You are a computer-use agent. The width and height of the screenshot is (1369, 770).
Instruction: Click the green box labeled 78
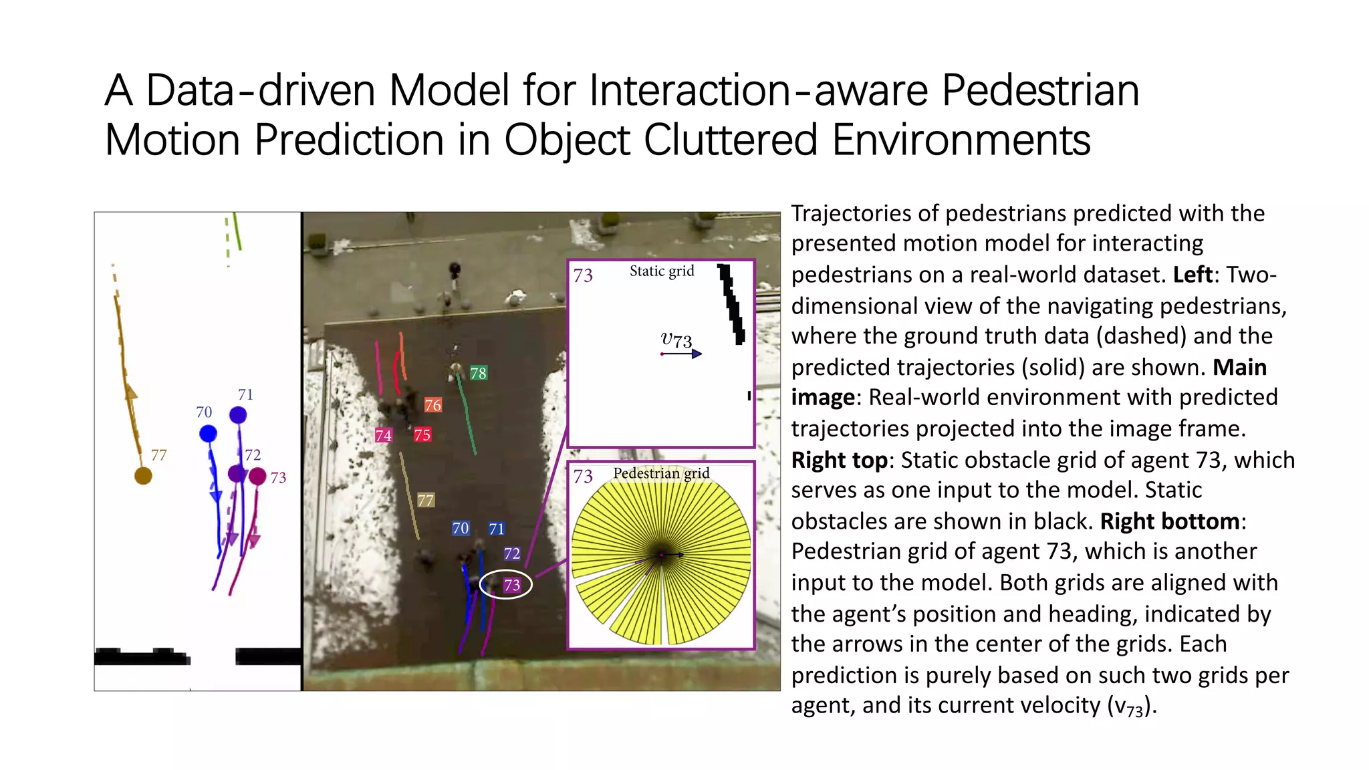tap(478, 373)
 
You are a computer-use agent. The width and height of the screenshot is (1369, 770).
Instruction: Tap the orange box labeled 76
tap(432, 405)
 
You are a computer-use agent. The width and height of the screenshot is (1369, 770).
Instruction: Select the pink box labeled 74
tap(384, 436)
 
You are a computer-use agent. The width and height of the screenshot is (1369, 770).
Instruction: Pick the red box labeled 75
tap(422, 435)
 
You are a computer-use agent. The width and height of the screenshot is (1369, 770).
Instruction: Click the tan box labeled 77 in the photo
tap(426, 500)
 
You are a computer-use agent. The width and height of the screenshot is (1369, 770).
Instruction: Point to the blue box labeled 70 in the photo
tap(461, 529)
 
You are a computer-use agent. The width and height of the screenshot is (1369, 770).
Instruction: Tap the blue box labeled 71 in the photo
tap(496, 529)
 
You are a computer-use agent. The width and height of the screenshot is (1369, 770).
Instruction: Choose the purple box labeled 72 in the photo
tap(512, 553)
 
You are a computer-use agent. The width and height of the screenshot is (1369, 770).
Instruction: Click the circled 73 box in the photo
tap(512, 585)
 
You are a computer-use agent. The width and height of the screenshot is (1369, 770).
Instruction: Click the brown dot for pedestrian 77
tap(143, 476)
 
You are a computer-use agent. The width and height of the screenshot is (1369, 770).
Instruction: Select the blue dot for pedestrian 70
tap(208, 434)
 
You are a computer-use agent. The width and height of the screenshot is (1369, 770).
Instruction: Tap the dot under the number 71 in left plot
tap(238, 415)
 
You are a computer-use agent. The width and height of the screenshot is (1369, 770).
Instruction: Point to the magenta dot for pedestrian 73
tap(257, 477)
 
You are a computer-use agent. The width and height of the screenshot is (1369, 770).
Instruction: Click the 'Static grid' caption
tap(662, 271)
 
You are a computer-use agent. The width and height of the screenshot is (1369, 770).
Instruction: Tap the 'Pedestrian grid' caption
tap(661, 473)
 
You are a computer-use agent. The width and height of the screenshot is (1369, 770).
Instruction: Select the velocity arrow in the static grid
tap(682, 354)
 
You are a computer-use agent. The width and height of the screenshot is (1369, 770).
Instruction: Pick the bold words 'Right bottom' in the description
tap(1170, 521)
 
